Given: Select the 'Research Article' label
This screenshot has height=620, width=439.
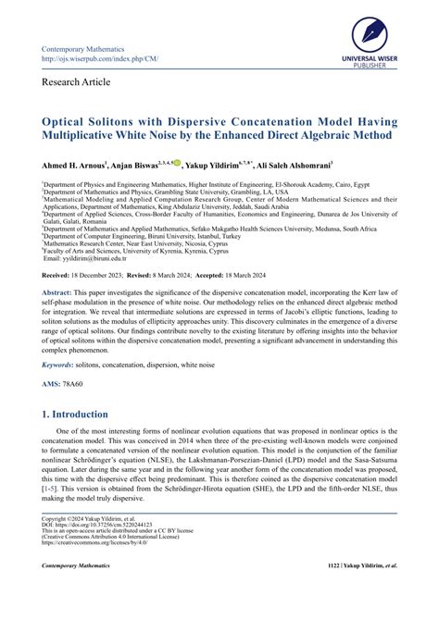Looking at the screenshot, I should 77,82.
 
